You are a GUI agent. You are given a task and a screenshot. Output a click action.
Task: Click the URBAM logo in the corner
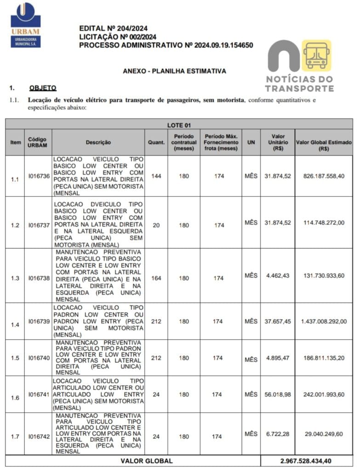25,25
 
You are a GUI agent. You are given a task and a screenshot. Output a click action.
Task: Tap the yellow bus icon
316,55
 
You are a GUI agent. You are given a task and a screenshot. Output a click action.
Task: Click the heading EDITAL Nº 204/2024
113,29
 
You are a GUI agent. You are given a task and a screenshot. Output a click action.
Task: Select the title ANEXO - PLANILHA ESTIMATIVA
174,71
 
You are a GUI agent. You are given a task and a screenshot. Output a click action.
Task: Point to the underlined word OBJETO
42,87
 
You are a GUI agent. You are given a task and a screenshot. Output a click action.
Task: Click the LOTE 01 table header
179,125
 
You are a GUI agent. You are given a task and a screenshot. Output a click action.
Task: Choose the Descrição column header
98,143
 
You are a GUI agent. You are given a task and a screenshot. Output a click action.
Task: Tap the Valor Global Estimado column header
324,143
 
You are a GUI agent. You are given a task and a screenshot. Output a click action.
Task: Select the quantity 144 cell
156,176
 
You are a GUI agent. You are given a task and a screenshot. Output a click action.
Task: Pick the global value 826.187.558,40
324,176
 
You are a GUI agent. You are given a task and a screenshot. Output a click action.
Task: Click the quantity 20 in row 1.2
156,225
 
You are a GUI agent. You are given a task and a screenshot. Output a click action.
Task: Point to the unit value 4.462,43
278,276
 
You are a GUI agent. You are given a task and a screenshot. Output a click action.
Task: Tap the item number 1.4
15,325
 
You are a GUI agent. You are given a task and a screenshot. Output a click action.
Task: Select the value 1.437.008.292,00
324,322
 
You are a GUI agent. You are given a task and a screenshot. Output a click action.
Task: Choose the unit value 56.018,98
278,394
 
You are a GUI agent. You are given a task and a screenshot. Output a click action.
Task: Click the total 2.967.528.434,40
307,461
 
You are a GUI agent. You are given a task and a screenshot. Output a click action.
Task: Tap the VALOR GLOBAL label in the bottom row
147,461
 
